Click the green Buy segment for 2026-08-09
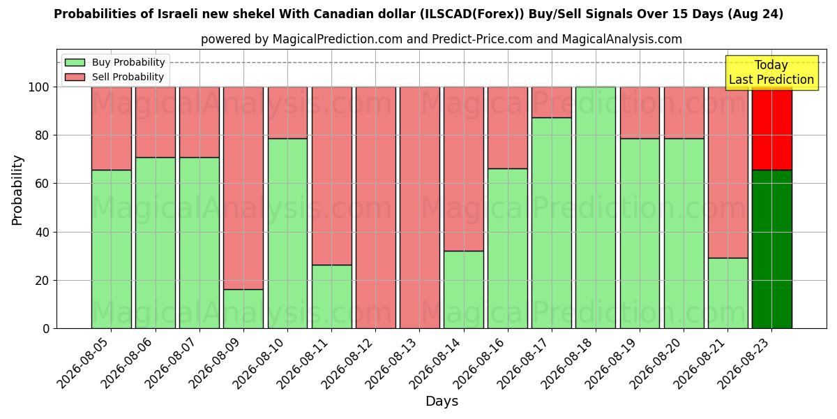tap(243, 309)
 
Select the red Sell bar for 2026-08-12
tap(375, 208)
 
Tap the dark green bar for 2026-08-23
tap(772, 249)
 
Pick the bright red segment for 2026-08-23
tap(772, 128)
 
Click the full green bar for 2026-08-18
tap(596, 208)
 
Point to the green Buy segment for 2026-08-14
tap(464, 290)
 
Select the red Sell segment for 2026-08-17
tap(552, 103)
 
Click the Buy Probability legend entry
tap(114, 62)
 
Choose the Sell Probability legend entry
tap(114, 77)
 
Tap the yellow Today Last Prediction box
tap(772, 73)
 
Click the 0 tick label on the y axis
tap(46, 329)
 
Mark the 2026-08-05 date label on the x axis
tap(84, 364)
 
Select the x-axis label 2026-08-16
tap(480, 364)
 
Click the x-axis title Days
tap(442, 402)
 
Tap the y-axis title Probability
tap(17, 191)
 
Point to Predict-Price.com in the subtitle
tap(483, 39)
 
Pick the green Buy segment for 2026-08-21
tap(728, 293)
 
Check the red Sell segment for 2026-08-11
tap(331, 176)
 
